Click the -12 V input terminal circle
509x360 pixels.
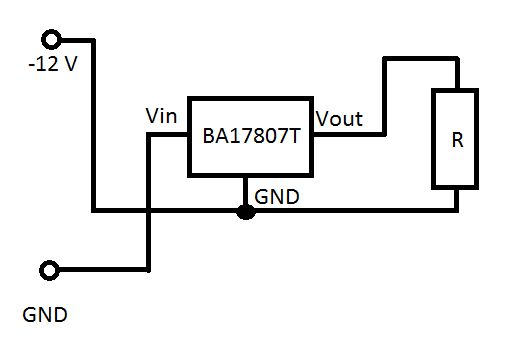(50, 40)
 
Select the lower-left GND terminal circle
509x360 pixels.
(50, 270)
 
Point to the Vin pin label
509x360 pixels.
(162, 116)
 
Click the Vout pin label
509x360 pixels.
(339, 118)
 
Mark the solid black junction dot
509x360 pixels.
(245, 211)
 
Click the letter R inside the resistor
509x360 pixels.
(457, 140)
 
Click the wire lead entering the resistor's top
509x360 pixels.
(457, 74)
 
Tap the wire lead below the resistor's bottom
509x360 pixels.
(457, 199)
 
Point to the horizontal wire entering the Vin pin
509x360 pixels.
(169, 134)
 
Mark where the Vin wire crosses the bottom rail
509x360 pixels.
(149, 211)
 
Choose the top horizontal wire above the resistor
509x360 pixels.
(420, 59)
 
